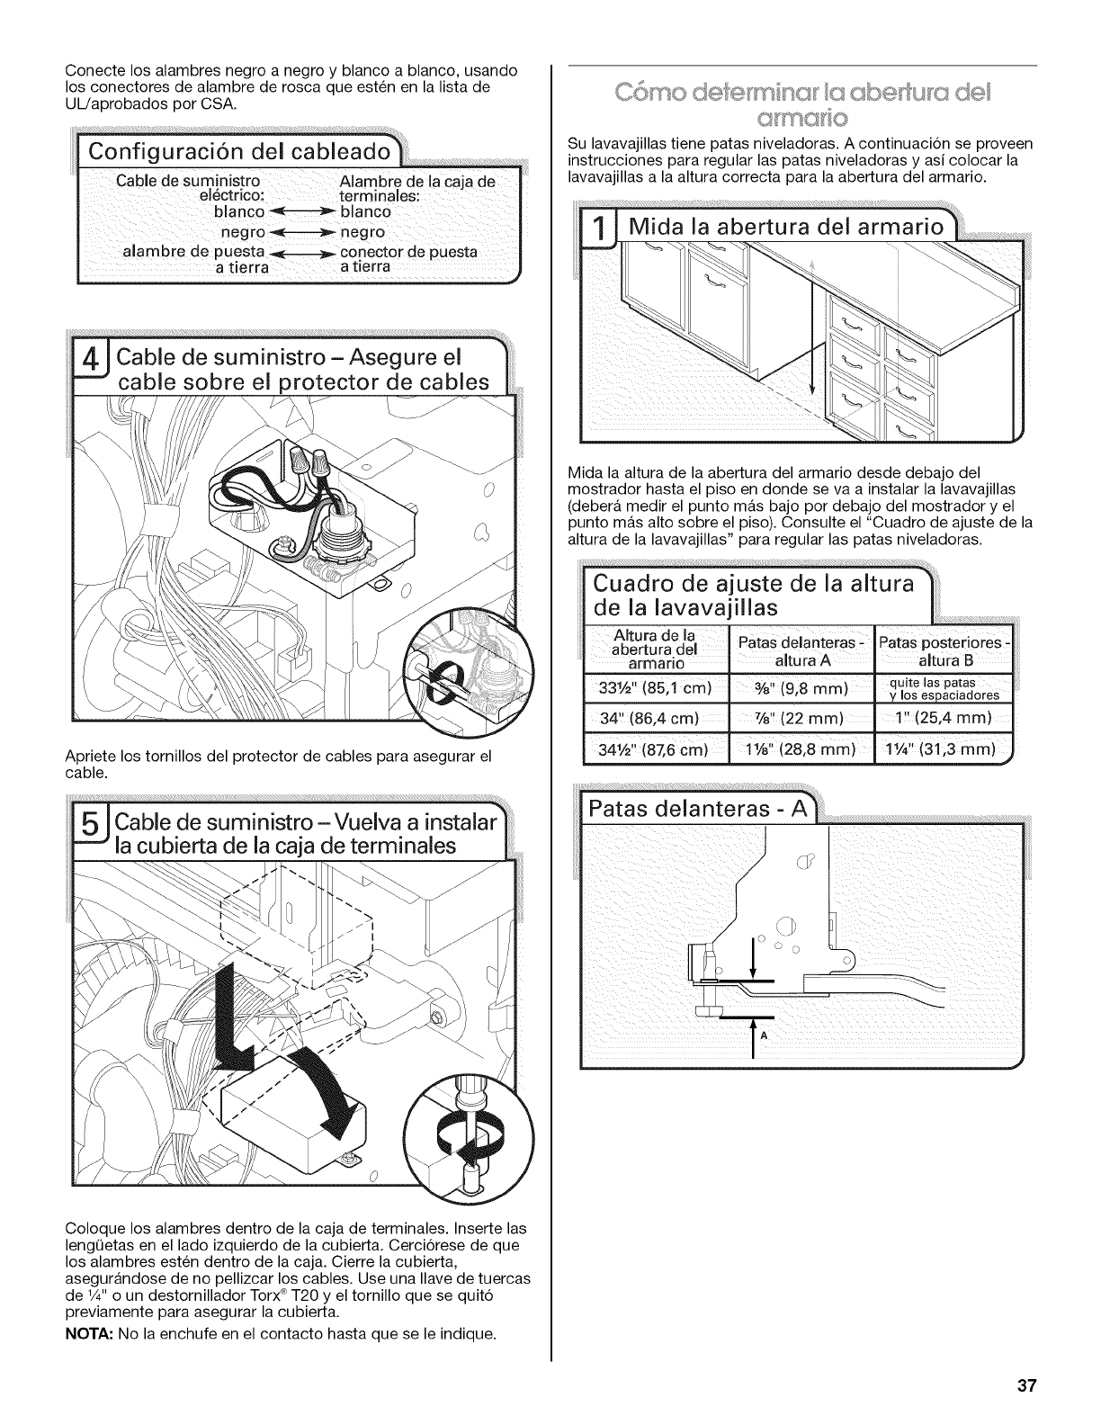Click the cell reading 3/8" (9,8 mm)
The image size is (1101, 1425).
801,689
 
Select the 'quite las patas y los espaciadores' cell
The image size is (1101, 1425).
943,688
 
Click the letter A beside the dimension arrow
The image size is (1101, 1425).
764,1035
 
